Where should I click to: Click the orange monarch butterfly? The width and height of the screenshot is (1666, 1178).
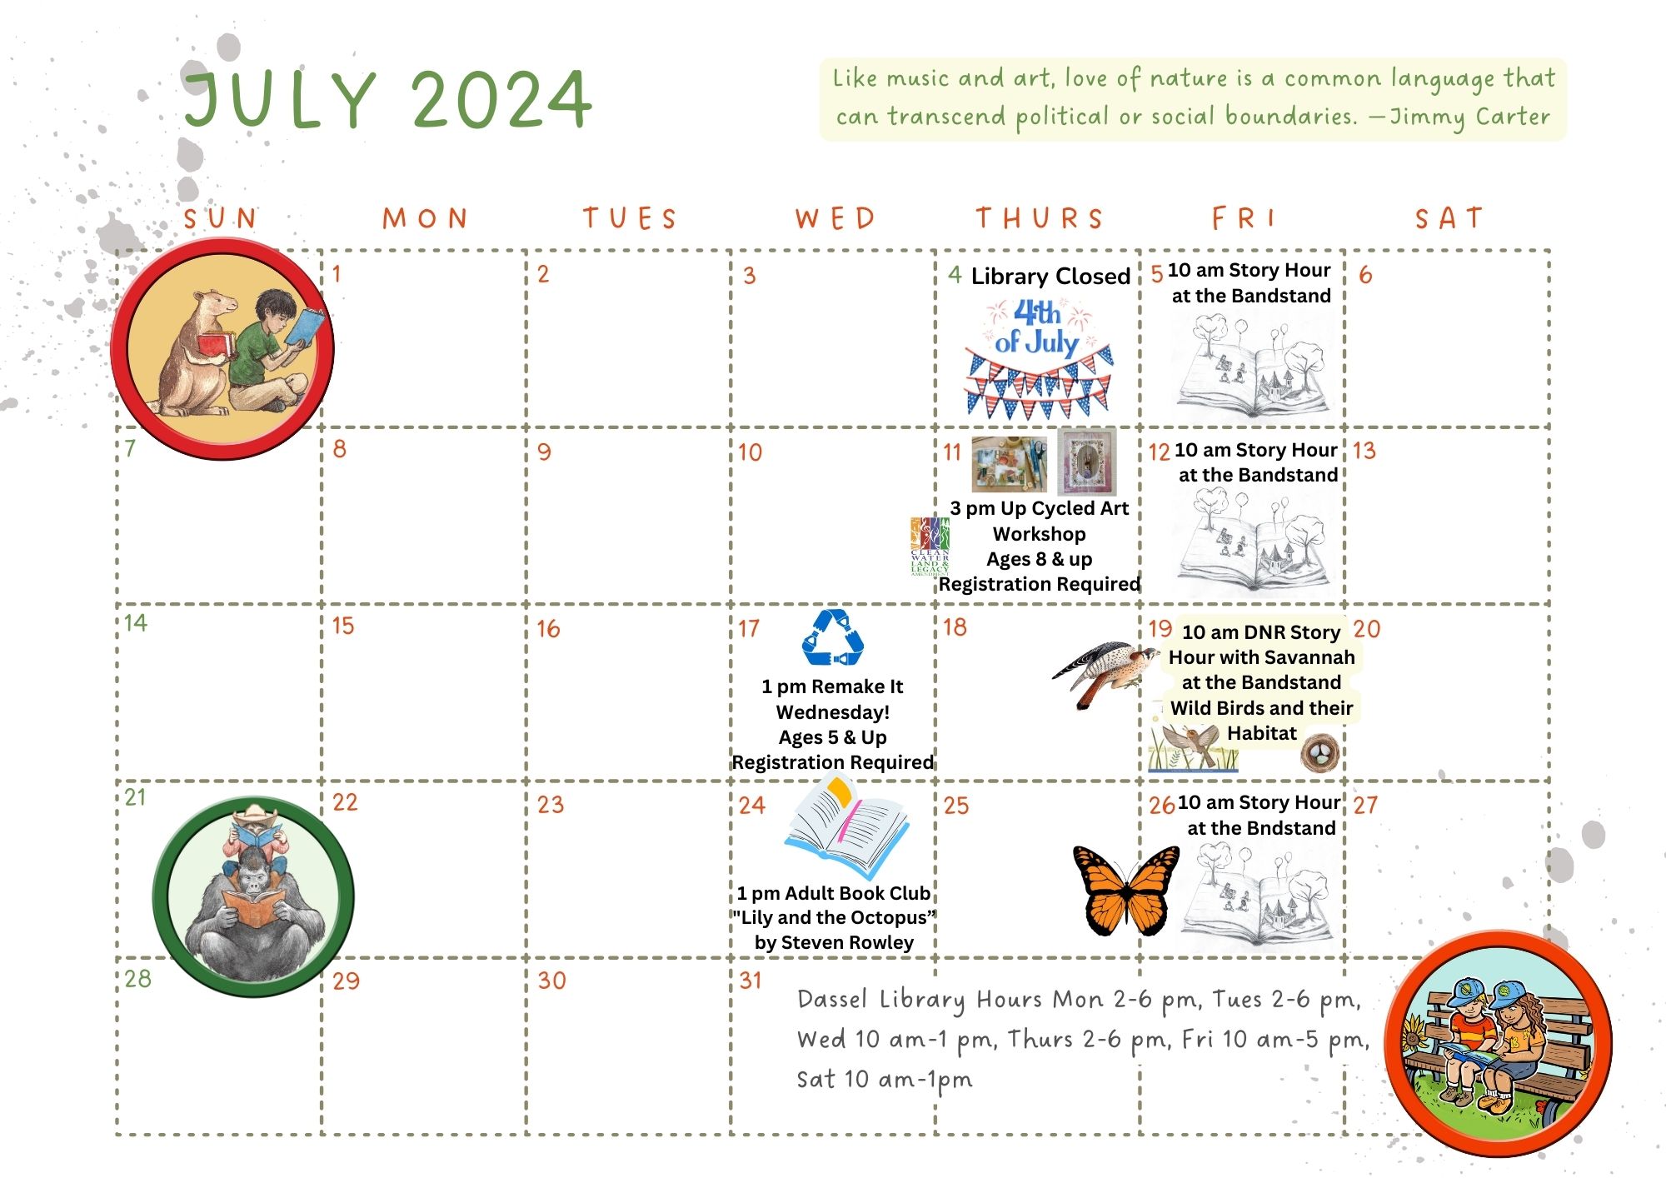click(x=1126, y=891)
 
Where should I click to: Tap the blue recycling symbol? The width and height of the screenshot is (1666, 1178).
click(x=832, y=638)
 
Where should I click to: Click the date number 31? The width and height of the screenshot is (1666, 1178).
click(x=751, y=981)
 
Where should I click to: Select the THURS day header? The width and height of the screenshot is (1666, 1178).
click(x=1040, y=218)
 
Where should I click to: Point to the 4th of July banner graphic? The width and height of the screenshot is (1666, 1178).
click(x=1038, y=358)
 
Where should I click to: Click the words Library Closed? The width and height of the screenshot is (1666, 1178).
click(x=1050, y=276)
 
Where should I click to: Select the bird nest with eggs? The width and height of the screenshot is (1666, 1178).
click(x=1320, y=752)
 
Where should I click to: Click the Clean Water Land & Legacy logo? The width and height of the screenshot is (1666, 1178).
click(x=930, y=547)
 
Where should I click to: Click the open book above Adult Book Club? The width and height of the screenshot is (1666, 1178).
click(x=846, y=826)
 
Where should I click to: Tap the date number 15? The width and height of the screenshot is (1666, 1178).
click(x=342, y=626)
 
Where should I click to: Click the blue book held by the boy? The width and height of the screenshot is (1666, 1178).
click(x=304, y=327)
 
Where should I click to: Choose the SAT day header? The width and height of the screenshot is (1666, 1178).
click(x=1449, y=218)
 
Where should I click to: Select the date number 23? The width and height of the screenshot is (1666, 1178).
click(x=550, y=804)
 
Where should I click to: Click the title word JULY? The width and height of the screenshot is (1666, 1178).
click(x=281, y=99)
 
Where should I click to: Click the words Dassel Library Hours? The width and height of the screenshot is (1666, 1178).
click(x=920, y=999)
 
